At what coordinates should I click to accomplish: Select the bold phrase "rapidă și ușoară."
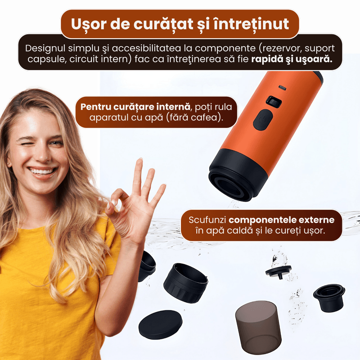pos(292,59)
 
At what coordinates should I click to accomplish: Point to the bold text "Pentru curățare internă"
pos(135,107)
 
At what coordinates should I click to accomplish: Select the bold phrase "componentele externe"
pos(282,220)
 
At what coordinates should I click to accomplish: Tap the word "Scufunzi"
pos(207,220)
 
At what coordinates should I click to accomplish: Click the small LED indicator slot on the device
pos(283,87)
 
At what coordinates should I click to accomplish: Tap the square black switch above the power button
pos(274,102)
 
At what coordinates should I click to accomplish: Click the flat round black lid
pos(161,324)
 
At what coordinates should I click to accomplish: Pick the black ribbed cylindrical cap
pos(185,283)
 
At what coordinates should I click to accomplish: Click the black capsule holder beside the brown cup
pos(329,297)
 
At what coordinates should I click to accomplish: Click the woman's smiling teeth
pos(42,171)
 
